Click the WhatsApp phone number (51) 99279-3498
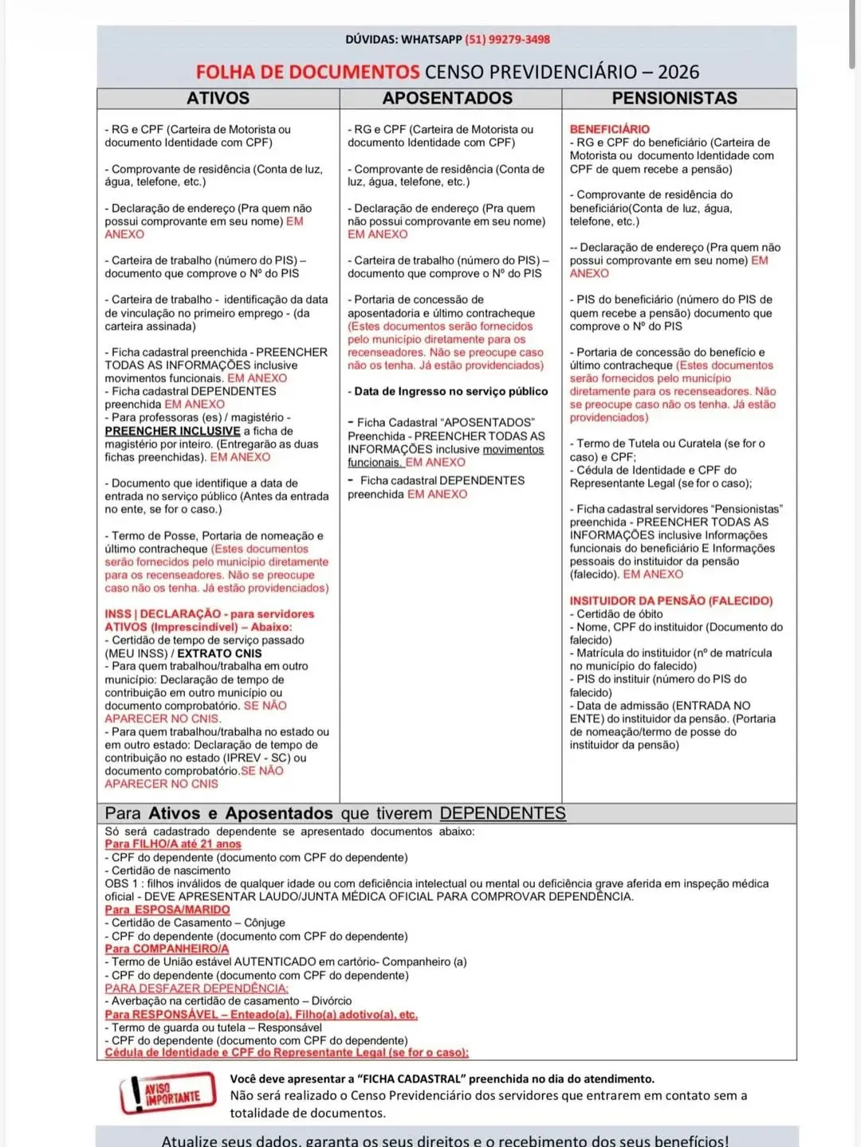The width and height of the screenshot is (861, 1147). (507, 39)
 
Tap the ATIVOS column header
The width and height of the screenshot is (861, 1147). (218, 98)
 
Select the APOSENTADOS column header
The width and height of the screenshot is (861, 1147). (447, 98)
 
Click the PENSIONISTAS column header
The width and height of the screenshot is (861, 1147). (674, 98)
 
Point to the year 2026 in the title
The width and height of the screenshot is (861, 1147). (678, 72)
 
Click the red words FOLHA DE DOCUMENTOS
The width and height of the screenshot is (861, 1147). (308, 72)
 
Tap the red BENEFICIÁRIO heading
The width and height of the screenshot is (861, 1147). (609, 129)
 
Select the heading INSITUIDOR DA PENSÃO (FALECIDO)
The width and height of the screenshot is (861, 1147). (670, 601)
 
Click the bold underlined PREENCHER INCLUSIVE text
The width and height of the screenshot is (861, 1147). (172, 431)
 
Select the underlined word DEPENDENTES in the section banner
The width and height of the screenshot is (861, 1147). (502, 813)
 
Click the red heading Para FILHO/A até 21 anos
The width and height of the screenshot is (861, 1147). (172, 844)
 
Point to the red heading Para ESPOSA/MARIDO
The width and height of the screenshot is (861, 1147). (167, 910)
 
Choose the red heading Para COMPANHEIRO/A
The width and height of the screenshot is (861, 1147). (167, 949)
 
